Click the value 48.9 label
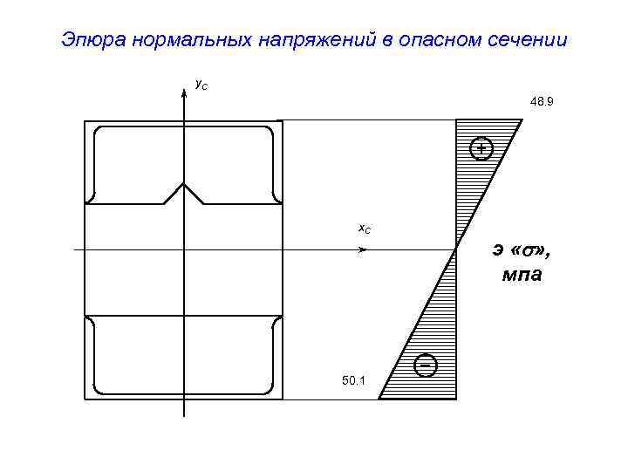click(541, 102)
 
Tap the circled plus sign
click(480, 149)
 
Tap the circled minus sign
click(426, 365)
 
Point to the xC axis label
click(365, 229)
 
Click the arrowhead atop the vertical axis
click(183, 93)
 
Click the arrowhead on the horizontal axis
click(363, 249)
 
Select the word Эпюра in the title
click(96, 40)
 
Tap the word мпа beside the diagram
click(521, 276)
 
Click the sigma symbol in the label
click(529, 250)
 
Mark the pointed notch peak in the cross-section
click(183, 184)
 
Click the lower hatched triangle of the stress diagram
click(432, 349)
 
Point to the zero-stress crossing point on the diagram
click(456, 249)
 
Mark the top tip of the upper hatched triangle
click(521, 120)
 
